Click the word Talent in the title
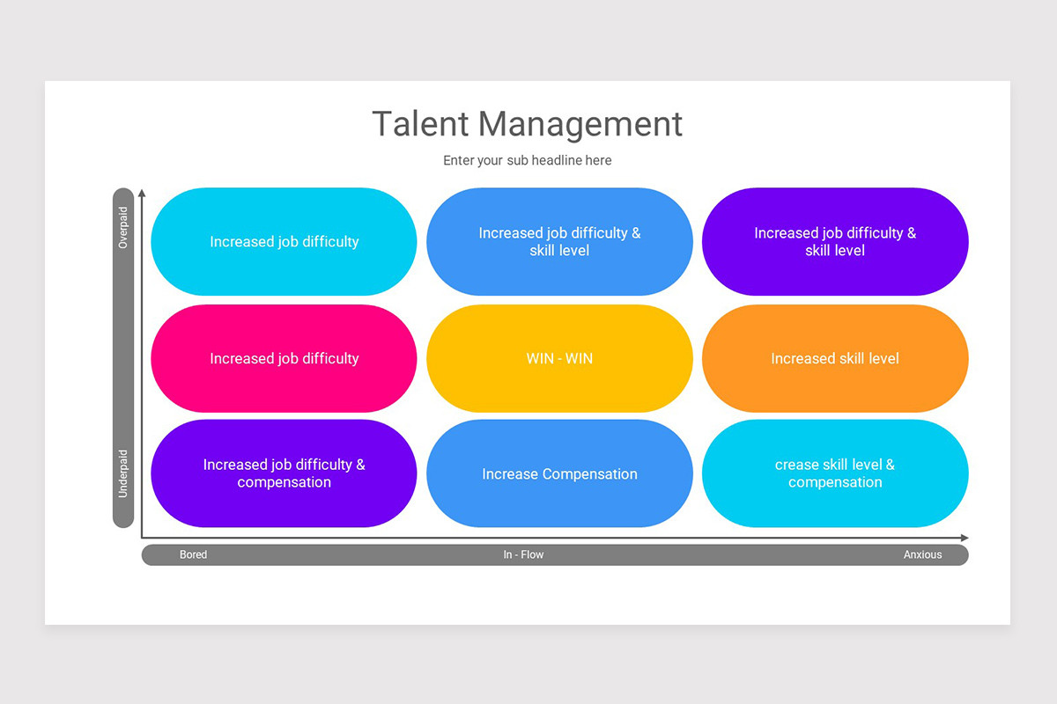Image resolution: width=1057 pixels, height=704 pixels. click(x=420, y=124)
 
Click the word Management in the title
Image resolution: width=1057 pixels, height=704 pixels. click(x=580, y=124)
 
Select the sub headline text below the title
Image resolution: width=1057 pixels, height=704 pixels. click(x=527, y=160)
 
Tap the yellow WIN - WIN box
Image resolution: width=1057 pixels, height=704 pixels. click(x=559, y=358)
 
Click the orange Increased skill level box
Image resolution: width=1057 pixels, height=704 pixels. click(x=835, y=358)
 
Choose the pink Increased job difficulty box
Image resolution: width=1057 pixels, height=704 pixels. click(x=284, y=358)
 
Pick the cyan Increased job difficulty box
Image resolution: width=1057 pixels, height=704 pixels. click(x=284, y=241)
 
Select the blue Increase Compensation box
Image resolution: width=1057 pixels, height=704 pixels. click(x=559, y=473)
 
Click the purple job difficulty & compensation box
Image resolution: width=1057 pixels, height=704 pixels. click(x=284, y=473)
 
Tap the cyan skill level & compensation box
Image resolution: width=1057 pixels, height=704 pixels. click(x=835, y=473)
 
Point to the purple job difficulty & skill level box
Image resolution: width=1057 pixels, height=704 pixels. click(x=835, y=241)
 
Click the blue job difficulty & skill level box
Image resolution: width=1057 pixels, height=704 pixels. click(x=559, y=241)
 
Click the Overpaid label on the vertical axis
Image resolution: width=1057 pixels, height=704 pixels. click(x=123, y=228)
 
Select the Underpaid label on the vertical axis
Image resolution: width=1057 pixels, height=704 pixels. click(x=123, y=473)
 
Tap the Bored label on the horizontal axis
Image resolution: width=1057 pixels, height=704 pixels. click(x=193, y=555)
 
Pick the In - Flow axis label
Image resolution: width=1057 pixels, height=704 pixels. click(x=523, y=555)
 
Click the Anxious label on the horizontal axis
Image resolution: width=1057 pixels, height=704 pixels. click(x=922, y=555)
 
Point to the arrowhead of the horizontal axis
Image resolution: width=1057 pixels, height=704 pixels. click(x=965, y=538)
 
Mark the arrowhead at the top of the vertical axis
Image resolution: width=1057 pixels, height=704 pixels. click(x=142, y=192)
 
